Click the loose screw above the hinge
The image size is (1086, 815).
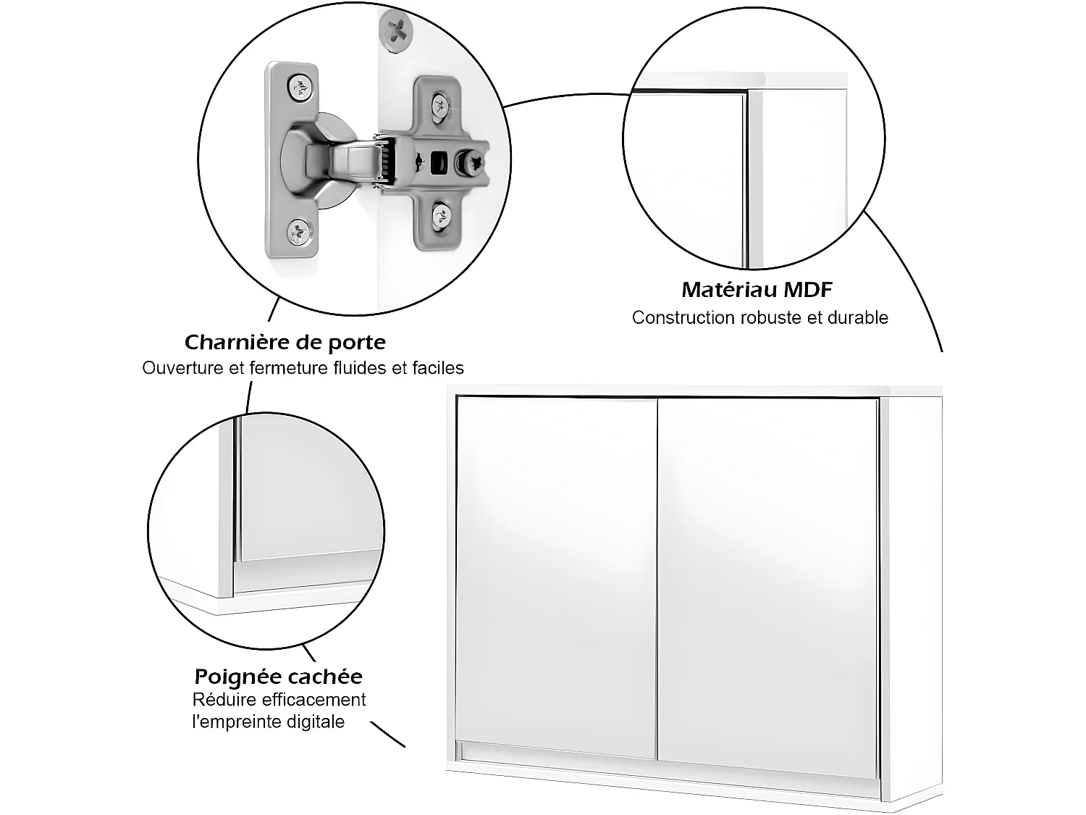397,31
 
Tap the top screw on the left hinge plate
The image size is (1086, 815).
300,88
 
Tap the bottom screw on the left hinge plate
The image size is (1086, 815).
300,233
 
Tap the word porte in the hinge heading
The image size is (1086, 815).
355,343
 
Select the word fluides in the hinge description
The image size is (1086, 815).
360,368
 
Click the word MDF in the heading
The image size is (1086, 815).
809,290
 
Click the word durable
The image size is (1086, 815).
858,318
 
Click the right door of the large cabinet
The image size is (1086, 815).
767,587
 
